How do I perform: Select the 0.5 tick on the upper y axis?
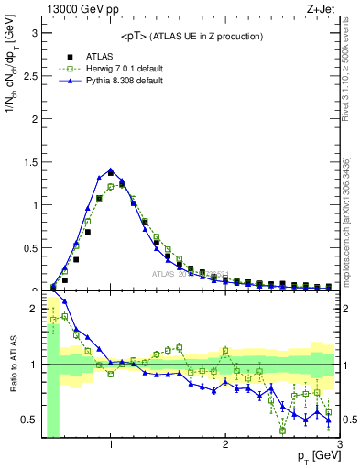point(29,247)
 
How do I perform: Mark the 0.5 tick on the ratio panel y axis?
point(29,420)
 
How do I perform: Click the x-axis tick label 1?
point(111,446)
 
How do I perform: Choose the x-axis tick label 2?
point(225,446)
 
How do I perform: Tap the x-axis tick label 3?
point(339,446)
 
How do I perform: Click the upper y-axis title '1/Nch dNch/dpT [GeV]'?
point(11,92)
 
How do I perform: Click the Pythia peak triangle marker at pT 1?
point(111,170)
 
